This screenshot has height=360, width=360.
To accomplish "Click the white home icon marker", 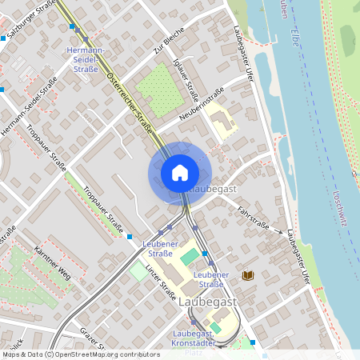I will pyautogui.click(x=180, y=172).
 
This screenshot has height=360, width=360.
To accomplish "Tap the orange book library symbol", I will pyautogui.click(x=248, y=275).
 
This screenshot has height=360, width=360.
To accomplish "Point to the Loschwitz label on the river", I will pyautogui.click(x=342, y=211).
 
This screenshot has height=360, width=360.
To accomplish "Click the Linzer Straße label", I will pyautogui.click(x=161, y=282).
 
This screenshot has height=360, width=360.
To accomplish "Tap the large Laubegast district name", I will pyautogui.click(x=207, y=302).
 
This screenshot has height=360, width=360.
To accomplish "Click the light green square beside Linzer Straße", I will pyautogui.click(x=138, y=272).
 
